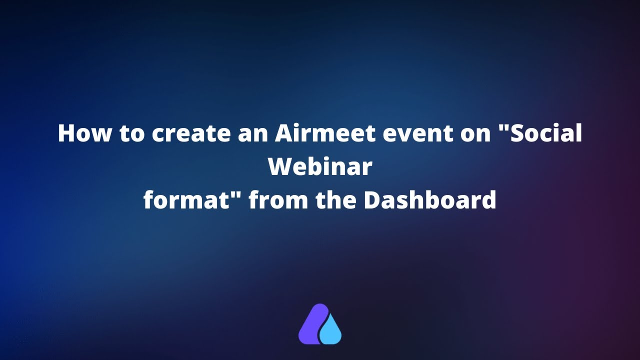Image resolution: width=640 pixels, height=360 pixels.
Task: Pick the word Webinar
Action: [320, 167]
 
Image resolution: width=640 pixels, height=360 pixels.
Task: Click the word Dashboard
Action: [429, 200]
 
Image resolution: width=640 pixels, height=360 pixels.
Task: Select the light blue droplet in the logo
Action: [331, 332]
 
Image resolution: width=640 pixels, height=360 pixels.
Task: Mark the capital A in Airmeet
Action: [285, 134]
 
